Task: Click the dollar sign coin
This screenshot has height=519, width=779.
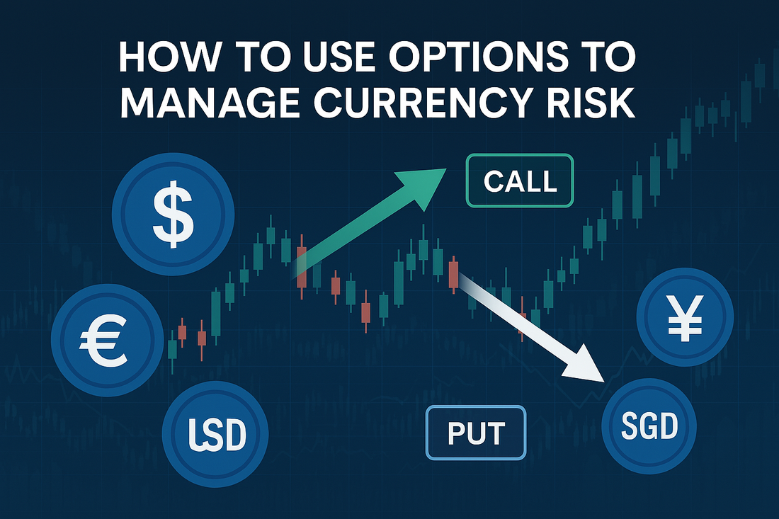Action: (x=173, y=214)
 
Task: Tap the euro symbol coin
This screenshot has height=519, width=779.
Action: (x=108, y=340)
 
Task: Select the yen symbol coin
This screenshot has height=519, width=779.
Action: (x=685, y=317)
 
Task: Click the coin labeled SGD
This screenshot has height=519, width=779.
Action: (x=649, y=426)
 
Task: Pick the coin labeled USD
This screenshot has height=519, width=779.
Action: (x=215, y=433)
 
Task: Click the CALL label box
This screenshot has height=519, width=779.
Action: (x=520, y=181)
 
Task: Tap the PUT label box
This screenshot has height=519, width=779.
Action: (x=476, y=433)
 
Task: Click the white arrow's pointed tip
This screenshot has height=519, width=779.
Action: (x=603, y=382)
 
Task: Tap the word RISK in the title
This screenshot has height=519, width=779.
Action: (x=594, y=103)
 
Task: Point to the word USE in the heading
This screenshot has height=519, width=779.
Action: (x=339, y=57)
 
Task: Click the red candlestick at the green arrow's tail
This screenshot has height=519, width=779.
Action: (x=302, y=267)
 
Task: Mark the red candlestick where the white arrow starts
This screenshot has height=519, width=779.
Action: (x=453, y=275)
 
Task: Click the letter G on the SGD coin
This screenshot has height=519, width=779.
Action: (x=649, y=426)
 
